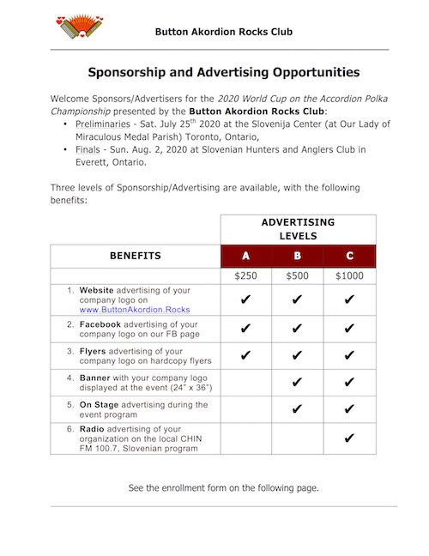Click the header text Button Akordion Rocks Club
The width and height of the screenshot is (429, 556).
pyautogui.click(x=224, y=32)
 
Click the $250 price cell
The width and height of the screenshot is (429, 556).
pyautogui.click(x=246, y=277)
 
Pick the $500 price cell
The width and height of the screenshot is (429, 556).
pyautogui.click(x=298, y=277)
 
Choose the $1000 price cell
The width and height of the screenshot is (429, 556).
pyautogui.click(x=348, y=277)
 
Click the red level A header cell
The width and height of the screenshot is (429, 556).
pyautogui.click(x=246, y=256)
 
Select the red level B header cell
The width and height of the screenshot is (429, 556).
pyautogui.click(x=298, y=256)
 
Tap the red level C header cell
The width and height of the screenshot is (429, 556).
pyautogui.click(x=348, y=256)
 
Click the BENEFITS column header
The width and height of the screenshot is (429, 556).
pyautogui.click(x=136, y=256)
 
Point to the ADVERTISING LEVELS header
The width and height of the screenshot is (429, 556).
pyautogui.click(x=298, y=228)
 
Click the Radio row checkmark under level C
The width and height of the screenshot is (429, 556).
pyautogui.click(x=348, y=438)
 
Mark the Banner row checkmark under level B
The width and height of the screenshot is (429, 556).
pyautogui.click(x=298, y=382)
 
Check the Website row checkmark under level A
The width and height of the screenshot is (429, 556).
pyautogui.click(x=246, y=300)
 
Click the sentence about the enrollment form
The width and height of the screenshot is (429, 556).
pyautogui.click(x=223, y=488)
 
